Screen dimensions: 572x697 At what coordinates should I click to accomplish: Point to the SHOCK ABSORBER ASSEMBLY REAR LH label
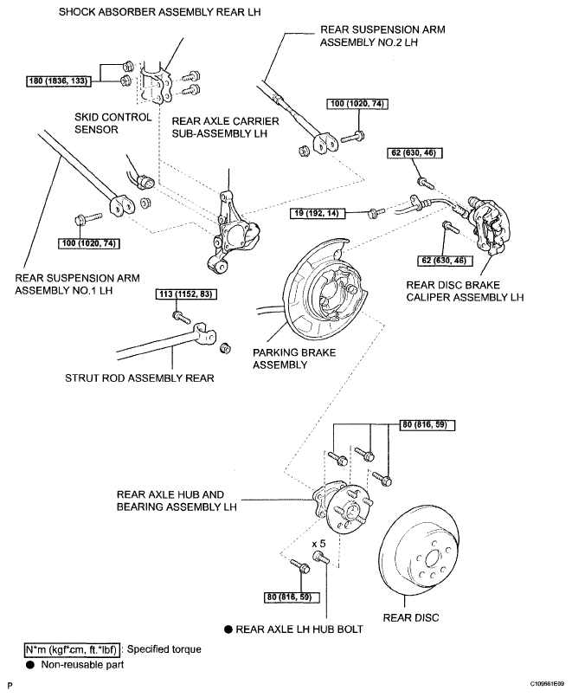(159, 12)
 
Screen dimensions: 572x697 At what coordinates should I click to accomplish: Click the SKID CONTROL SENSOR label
(112, 124)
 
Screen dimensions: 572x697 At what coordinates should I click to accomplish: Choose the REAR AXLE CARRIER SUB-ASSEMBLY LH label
(225, 127)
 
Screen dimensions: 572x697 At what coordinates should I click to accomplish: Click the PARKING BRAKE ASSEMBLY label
(294, 358)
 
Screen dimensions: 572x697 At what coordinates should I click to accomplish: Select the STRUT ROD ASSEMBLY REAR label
(139, 378)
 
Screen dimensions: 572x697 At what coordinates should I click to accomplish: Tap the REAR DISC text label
(411, 617)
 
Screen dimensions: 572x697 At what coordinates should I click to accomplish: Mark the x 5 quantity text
(318, 544)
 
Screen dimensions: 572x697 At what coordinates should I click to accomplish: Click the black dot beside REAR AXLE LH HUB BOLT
(228, 629)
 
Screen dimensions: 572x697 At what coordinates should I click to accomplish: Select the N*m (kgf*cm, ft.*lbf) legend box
(72, 649)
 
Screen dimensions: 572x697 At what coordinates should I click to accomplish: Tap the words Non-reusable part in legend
(82, 665)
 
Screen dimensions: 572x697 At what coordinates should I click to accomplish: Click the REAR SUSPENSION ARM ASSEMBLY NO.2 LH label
(382, 36)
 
